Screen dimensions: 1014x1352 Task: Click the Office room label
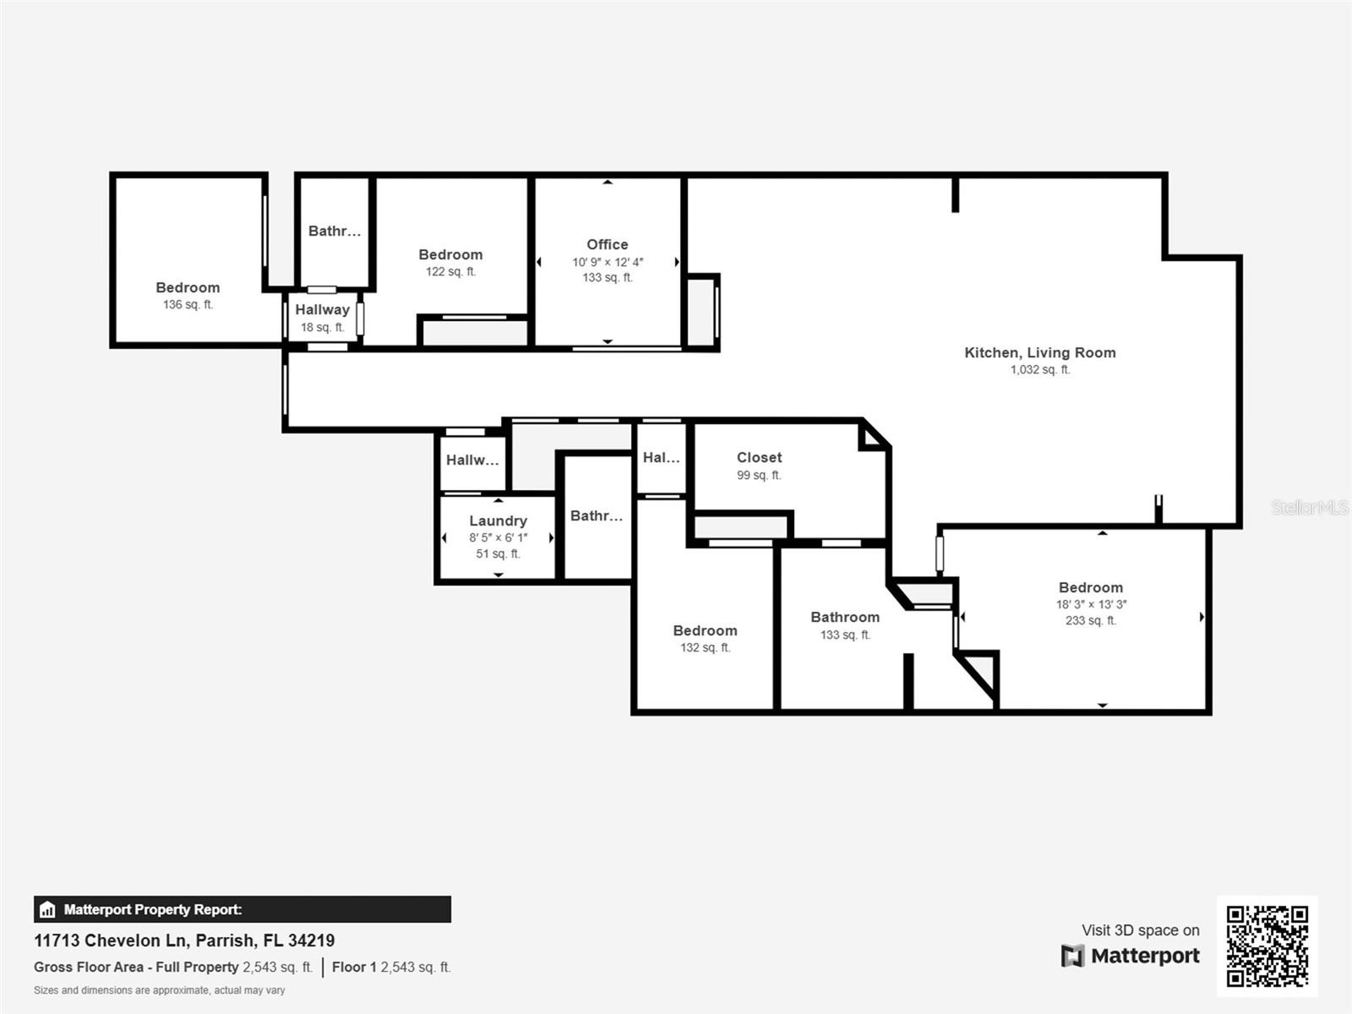[607, 244]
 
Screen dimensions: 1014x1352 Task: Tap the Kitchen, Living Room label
[1039, 352]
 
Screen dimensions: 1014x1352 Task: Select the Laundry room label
[498, 521]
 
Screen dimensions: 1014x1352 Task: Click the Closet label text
[759, 457]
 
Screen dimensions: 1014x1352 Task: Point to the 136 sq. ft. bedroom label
[188, 288]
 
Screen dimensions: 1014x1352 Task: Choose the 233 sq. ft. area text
[1090, 620]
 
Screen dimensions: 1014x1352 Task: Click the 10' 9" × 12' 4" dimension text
[607, 262]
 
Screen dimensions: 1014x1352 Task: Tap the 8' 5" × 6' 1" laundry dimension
[498, 537]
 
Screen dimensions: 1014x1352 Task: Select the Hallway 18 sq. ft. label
[322, 310]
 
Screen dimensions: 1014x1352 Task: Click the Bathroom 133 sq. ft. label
[844, 618]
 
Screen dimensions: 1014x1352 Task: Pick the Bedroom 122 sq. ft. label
[450, 255]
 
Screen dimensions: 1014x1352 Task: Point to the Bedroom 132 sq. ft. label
[705, 631]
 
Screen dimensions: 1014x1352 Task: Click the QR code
[1267, 946]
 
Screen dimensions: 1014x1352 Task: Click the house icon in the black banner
[47, 910]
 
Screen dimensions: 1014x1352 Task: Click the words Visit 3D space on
[1140, 930]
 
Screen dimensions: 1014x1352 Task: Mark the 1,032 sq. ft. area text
[1039, 369]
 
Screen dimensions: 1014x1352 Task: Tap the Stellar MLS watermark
[1309, 507]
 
